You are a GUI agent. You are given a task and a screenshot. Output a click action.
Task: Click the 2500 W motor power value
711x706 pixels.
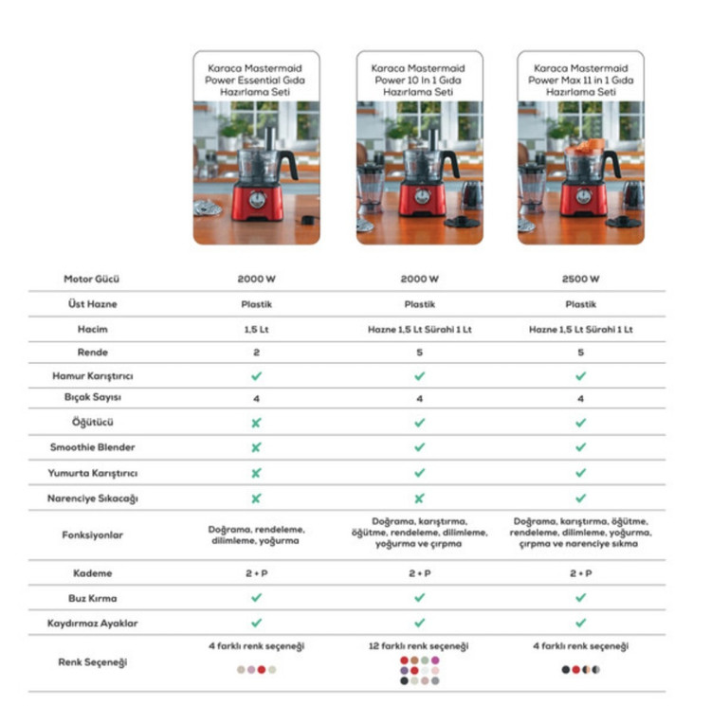[x=580, y=280]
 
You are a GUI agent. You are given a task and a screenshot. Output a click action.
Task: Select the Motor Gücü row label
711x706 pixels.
[x=92, y=280]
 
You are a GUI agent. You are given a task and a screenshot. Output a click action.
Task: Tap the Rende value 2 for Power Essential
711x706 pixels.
[x=256, y=353]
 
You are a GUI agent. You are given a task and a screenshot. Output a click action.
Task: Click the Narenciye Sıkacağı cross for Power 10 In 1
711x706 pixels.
[x=419, y=498]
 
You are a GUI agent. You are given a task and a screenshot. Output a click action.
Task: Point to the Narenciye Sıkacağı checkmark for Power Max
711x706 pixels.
[x=580, y=498]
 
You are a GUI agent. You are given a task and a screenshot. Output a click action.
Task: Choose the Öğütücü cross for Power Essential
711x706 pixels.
[x=256, y=423]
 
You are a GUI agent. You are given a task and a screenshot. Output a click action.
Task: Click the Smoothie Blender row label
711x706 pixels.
[x=93, y=447]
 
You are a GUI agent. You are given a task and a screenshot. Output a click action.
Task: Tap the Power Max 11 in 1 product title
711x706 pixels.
[x=581, y=81]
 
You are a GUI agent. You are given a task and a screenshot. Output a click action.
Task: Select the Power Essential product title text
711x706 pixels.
[x=255, y=81]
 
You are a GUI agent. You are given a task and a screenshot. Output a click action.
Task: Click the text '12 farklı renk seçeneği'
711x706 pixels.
[x=418, y=646]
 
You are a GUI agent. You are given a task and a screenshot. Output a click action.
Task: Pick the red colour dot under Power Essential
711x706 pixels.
[x=262, y=670]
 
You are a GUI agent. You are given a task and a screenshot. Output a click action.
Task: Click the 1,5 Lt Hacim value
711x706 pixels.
[x=256, y=330]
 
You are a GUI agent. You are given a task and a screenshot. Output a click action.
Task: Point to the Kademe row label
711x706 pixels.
[x=93, y=573]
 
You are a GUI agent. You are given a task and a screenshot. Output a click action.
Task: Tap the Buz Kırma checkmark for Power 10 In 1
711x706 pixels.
[x=419, y=598]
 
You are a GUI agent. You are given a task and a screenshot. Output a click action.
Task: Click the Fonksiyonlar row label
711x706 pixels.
[x=93, y=535]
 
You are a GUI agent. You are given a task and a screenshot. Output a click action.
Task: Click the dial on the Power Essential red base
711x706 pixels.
[x=258, y=199]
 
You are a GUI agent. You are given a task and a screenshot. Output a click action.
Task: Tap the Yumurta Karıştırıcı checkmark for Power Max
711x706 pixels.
[x=580, y=473]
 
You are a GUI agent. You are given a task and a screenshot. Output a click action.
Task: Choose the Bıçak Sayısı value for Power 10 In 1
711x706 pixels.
[x=419, y=399]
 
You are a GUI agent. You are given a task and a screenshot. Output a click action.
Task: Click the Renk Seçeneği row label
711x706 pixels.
[x=93, y=662]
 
